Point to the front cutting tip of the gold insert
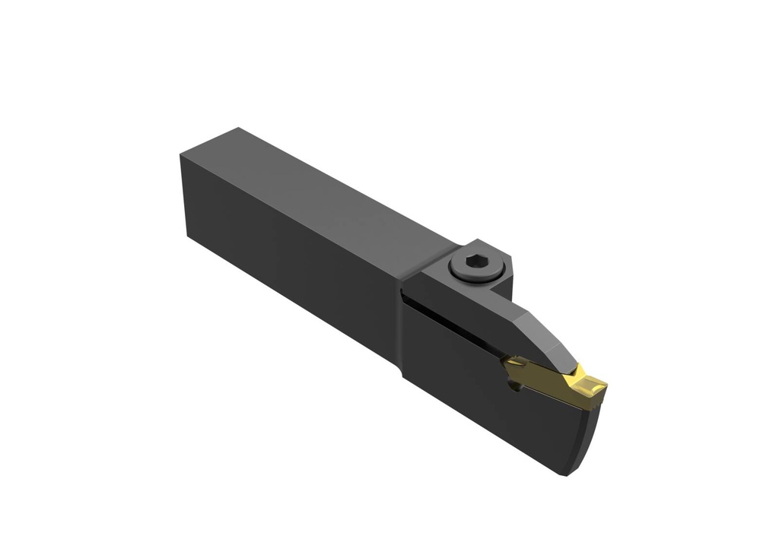602,391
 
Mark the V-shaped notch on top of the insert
578,374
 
